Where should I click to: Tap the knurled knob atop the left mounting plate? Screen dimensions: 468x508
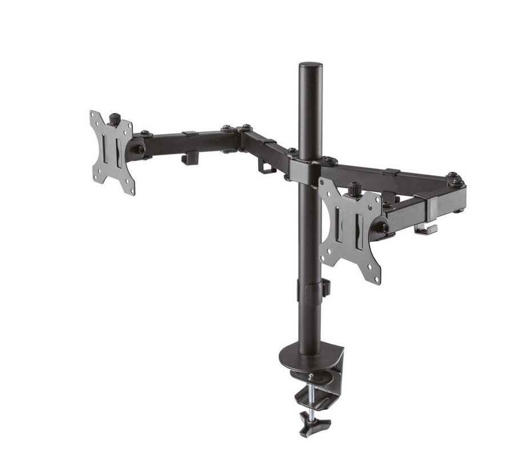[x=115, y=120]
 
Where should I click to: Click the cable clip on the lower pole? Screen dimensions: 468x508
[x=325, y=287]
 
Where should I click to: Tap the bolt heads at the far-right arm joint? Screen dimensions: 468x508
[x=455, y=179]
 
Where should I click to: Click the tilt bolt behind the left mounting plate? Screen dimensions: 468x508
[x=139, y=150]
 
